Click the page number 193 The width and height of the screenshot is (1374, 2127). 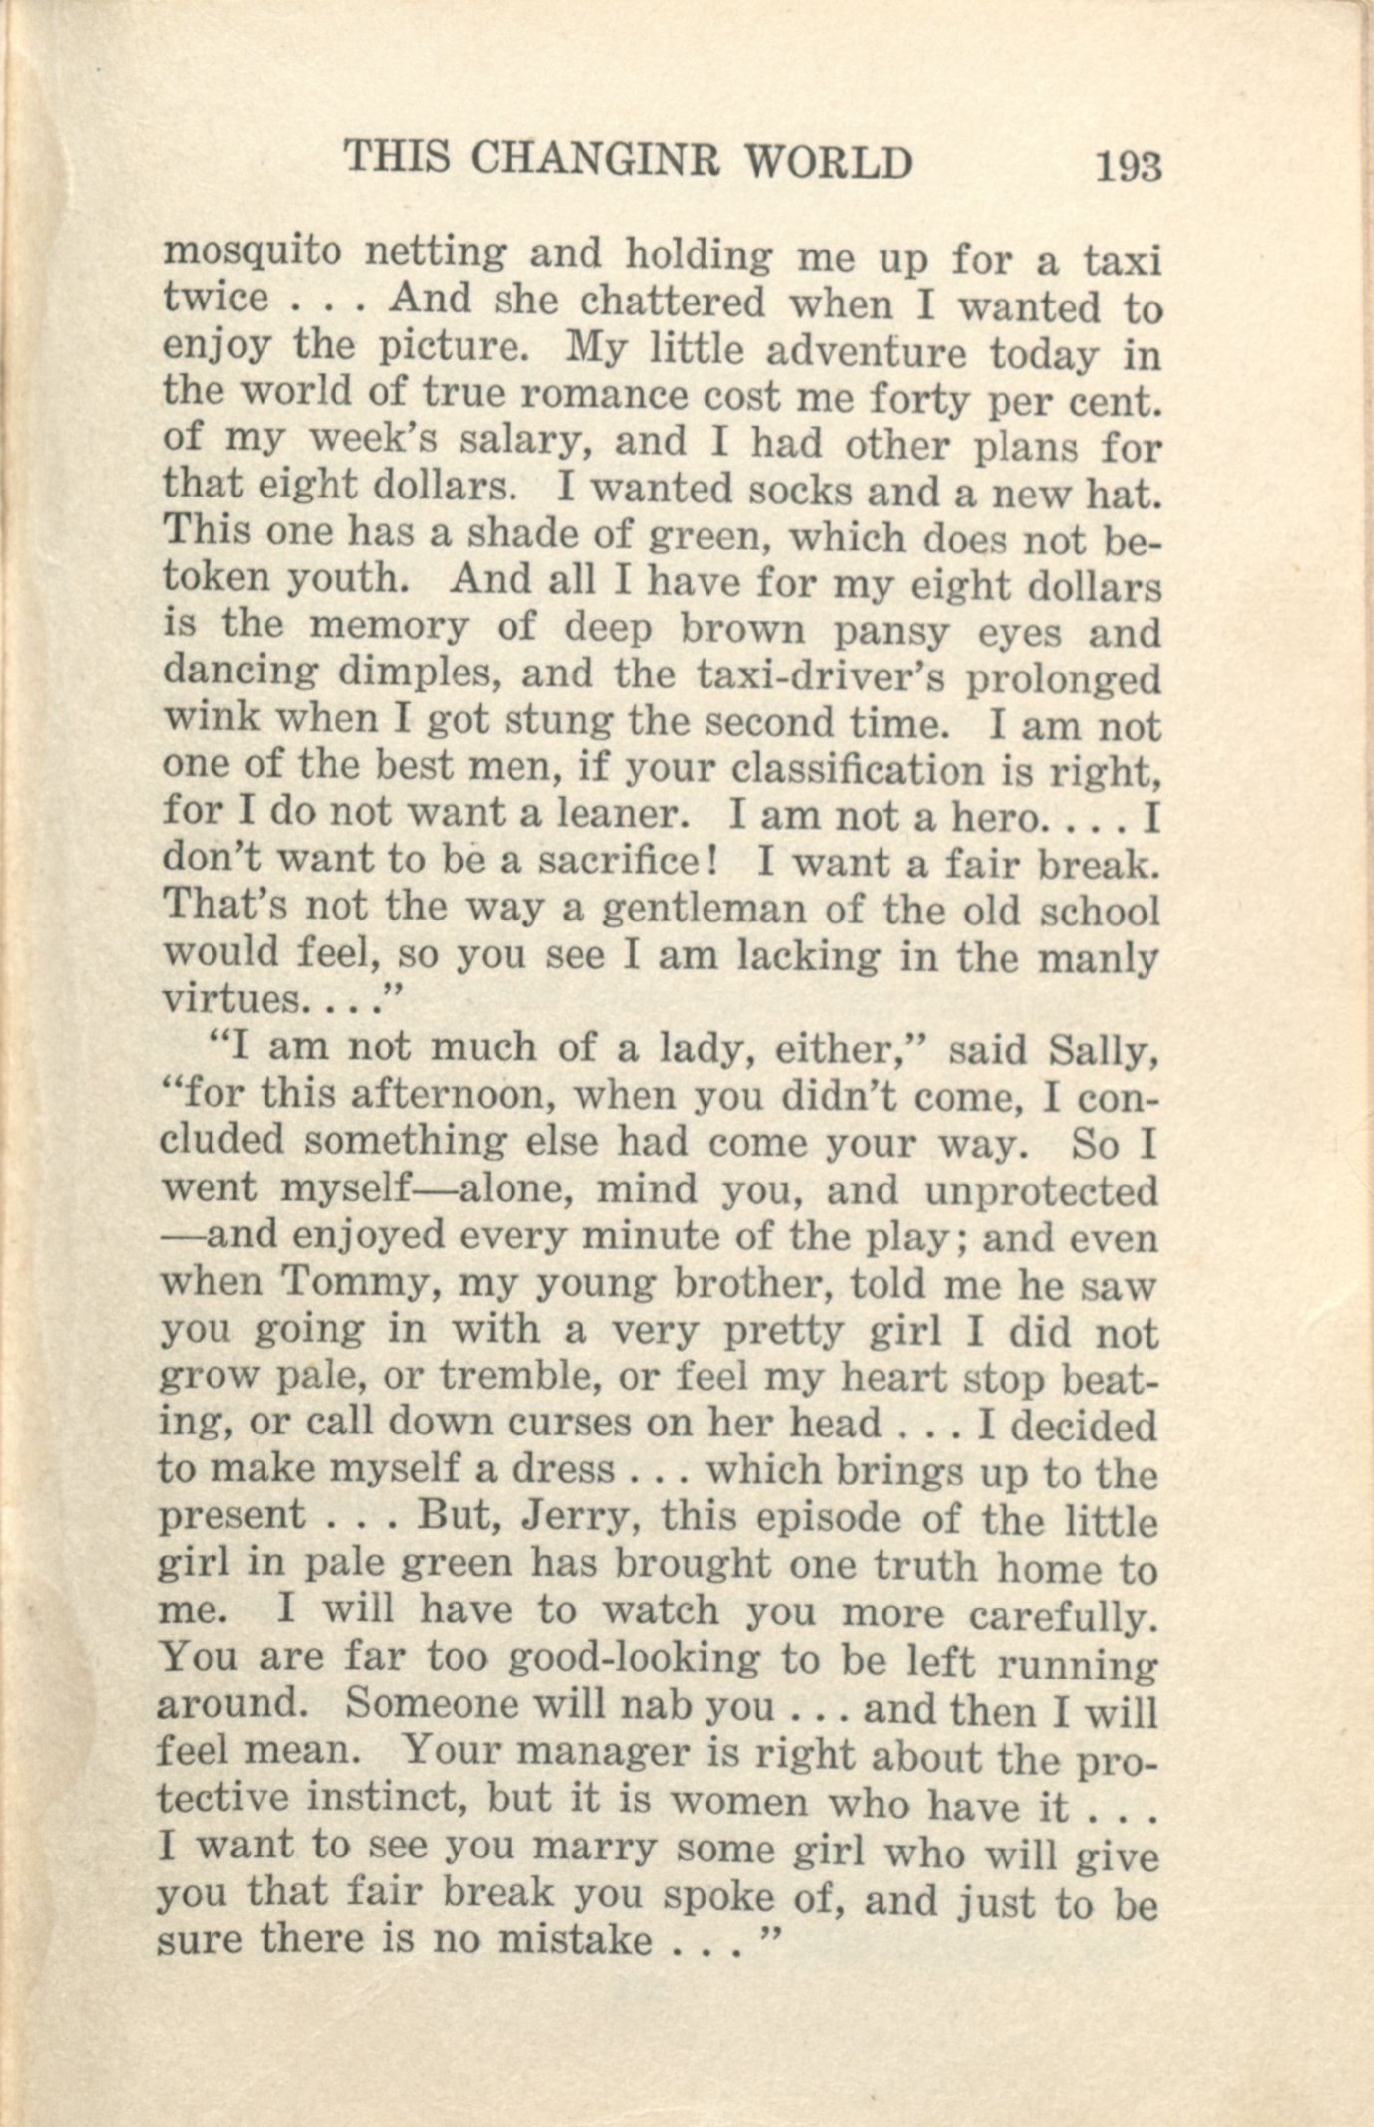(1127, 164)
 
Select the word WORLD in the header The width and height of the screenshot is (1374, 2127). (828, 161)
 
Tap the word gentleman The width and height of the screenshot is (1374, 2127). (717, 909)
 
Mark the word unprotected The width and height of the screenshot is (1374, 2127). (1040, 1191)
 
